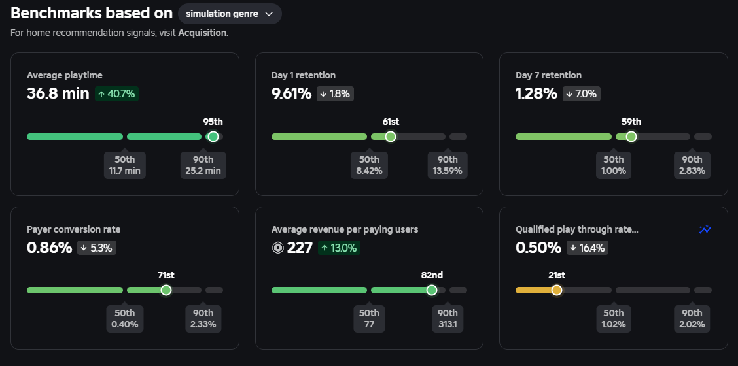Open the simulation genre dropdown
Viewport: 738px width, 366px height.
[x=230, y=14]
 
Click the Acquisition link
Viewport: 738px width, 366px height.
[x=202, y=33]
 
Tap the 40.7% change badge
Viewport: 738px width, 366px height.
[x=116, y=93]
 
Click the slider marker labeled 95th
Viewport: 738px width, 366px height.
[x=213, y=137]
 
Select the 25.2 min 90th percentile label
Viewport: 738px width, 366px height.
[x=203, y=165]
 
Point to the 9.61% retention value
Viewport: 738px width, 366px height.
[x=291, y=93]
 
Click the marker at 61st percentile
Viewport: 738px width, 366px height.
[x=390, y=137]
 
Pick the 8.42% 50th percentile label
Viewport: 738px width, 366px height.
[x=369, y=165]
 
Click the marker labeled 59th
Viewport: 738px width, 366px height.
[x=631, y=137]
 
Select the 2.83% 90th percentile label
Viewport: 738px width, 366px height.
[x=692, y=165]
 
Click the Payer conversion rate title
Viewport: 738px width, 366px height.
[x=74, y=229]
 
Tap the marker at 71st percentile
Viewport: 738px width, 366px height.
[x=166, y=290]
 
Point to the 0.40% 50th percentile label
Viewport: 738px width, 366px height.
[x=125, y=319]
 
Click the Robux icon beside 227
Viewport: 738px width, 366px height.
[x=277, y=248]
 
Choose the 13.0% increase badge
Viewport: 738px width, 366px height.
[x=339, y=248]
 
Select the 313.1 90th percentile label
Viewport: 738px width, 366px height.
[x=448, y=319]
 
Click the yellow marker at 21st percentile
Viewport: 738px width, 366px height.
[x=557, y=290]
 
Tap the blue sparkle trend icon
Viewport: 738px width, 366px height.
[x=705, y=229]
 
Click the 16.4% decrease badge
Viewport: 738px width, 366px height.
[x=588, y=248]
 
